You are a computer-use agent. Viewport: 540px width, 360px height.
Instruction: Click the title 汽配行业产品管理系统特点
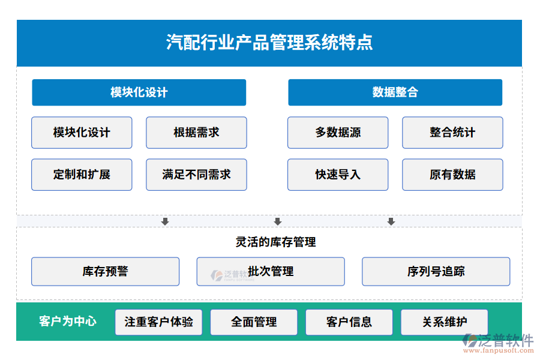point(269,43)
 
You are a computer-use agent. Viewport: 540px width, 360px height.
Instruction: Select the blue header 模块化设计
point(139,92)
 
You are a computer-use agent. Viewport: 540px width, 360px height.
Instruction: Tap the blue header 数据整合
point(395,92)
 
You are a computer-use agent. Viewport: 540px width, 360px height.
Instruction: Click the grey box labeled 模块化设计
point(82,133)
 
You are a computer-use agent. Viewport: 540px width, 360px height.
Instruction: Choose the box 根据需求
point(196,133)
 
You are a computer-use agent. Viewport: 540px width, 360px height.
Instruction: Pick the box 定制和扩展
point(82,175)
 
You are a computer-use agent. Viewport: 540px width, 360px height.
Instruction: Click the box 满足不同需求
point(196,175)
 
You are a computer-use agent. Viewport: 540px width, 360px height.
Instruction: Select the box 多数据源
point(338,133)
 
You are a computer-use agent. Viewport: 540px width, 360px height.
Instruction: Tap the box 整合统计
point(452,133)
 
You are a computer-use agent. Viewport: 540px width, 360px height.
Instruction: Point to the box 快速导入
point(338,175)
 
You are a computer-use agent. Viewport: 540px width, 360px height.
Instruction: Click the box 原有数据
point(452,175)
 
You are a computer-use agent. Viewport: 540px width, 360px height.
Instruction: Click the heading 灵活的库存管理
point(275,242)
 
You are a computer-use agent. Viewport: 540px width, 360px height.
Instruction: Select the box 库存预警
point(105,271)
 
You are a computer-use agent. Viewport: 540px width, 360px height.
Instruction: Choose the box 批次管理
point(271,271)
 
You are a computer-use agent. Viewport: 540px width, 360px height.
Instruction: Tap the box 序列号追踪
point(436,271)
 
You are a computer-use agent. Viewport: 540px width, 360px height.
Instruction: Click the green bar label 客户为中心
point(67,322)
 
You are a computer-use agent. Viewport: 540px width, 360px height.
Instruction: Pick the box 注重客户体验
point(158,322)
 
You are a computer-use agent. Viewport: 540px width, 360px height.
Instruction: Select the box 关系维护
point(444,322)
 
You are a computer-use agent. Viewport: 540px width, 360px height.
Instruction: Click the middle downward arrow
point(277,222)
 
